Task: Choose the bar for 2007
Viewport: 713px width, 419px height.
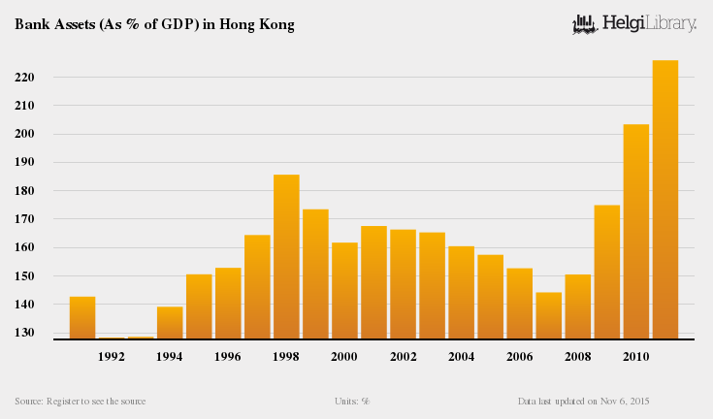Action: click(549, 315)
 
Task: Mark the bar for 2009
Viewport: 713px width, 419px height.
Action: click(607, 272)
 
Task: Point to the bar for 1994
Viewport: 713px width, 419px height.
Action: click(170, 323)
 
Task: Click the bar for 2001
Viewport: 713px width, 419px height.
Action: click(373, 282)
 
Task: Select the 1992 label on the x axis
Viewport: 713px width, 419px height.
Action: click(112, 357)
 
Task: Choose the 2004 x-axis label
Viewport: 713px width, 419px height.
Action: click(461, 357)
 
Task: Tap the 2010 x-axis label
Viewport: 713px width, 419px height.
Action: click(635, 357)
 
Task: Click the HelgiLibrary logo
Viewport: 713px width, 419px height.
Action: click(634, 23)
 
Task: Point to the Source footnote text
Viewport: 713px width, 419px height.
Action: click(81, 401)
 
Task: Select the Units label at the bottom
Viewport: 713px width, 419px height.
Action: click(353, 401)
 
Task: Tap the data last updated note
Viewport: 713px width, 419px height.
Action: click(583, 401)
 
